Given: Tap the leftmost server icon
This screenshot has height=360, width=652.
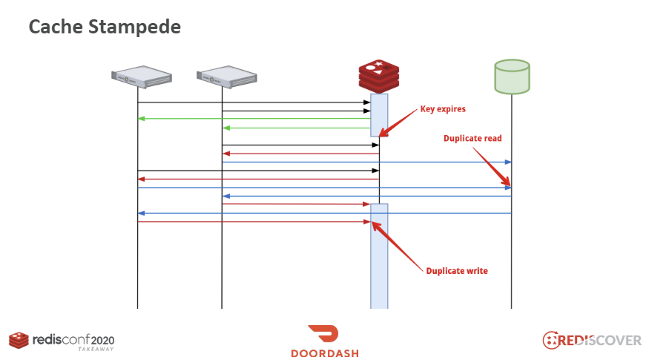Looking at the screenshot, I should (141, 76).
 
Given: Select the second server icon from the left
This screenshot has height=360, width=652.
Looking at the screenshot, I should (226, 76).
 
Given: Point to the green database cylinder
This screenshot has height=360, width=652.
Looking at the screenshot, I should (511, 76).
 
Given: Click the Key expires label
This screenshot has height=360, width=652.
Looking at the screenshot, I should (443, 108).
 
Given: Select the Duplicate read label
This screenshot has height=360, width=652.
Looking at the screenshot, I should (472, 138).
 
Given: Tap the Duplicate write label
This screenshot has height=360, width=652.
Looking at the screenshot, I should (457, 271).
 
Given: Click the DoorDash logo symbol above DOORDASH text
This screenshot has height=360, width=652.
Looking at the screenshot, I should (325, 335).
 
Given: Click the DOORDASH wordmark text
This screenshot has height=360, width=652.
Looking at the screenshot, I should (325, 353).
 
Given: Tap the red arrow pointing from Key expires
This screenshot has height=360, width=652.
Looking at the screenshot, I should (398, 122).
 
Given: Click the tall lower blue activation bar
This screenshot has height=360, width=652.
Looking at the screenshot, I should (379, 260).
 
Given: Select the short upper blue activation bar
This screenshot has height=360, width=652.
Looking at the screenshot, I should (379, 114).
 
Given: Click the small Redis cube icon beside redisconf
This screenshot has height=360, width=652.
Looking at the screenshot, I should (19, 340).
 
